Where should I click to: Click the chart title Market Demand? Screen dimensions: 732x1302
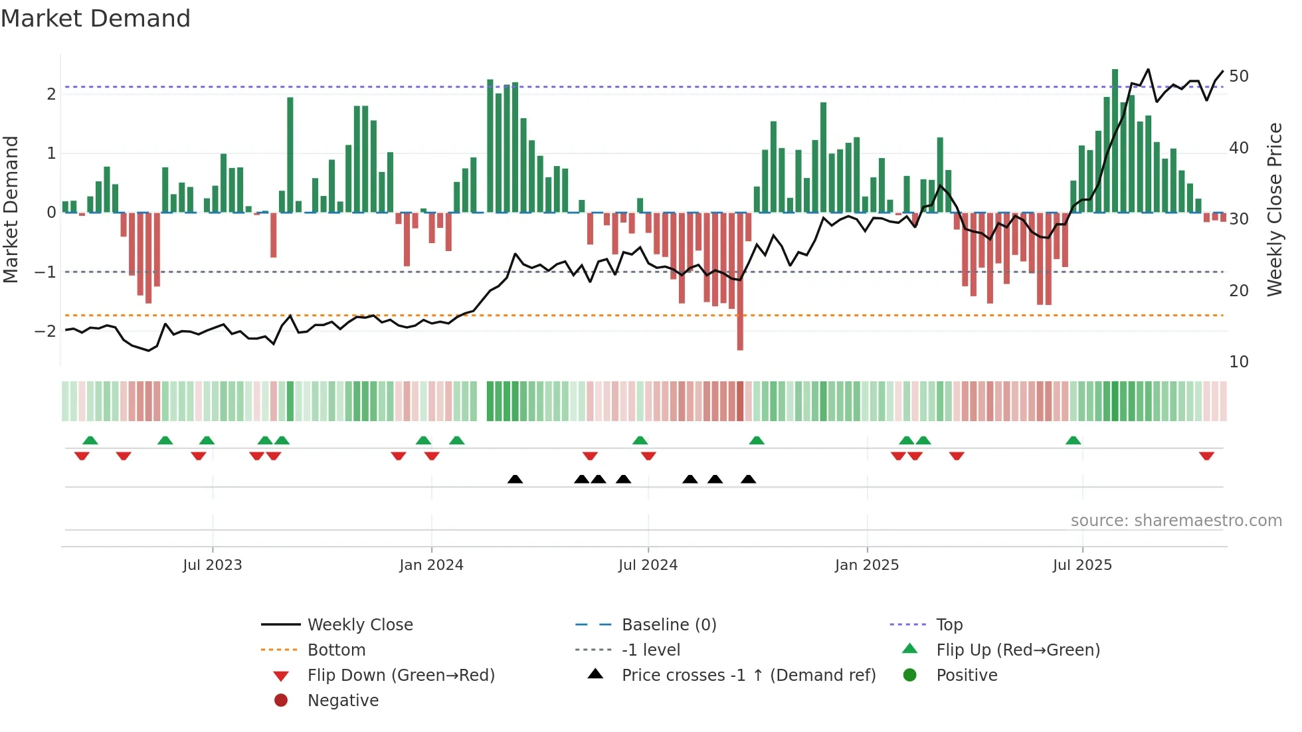coord(96,19)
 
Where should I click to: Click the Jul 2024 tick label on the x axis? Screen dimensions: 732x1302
coord(648,565)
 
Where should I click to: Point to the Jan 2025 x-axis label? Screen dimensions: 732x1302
coord(866,565)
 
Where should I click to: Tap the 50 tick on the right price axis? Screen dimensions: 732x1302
coord(1238,76)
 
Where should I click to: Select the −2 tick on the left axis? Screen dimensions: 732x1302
coord(45,331)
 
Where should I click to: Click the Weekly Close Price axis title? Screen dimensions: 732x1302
coord(1274,209)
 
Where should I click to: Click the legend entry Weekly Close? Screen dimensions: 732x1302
coord(359,624)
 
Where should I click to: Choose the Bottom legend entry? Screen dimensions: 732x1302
coord(336,650)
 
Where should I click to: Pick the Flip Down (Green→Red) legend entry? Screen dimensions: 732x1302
coord(401,675)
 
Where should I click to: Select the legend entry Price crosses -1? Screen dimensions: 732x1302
coord(748,675)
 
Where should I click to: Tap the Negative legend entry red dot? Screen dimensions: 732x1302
coord(281,700)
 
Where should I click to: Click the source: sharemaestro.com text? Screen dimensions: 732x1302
coord(1176,520)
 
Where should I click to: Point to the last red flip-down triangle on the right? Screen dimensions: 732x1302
coord(1206,456)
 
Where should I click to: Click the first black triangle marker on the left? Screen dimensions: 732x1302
coord(515,479)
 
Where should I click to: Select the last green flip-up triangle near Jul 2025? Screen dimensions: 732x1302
coord(1073,440)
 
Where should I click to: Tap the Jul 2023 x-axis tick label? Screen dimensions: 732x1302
coord(213,565)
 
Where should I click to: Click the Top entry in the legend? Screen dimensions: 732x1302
coord(949,624)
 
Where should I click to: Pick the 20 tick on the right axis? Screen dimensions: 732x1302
coord(1238,290)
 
